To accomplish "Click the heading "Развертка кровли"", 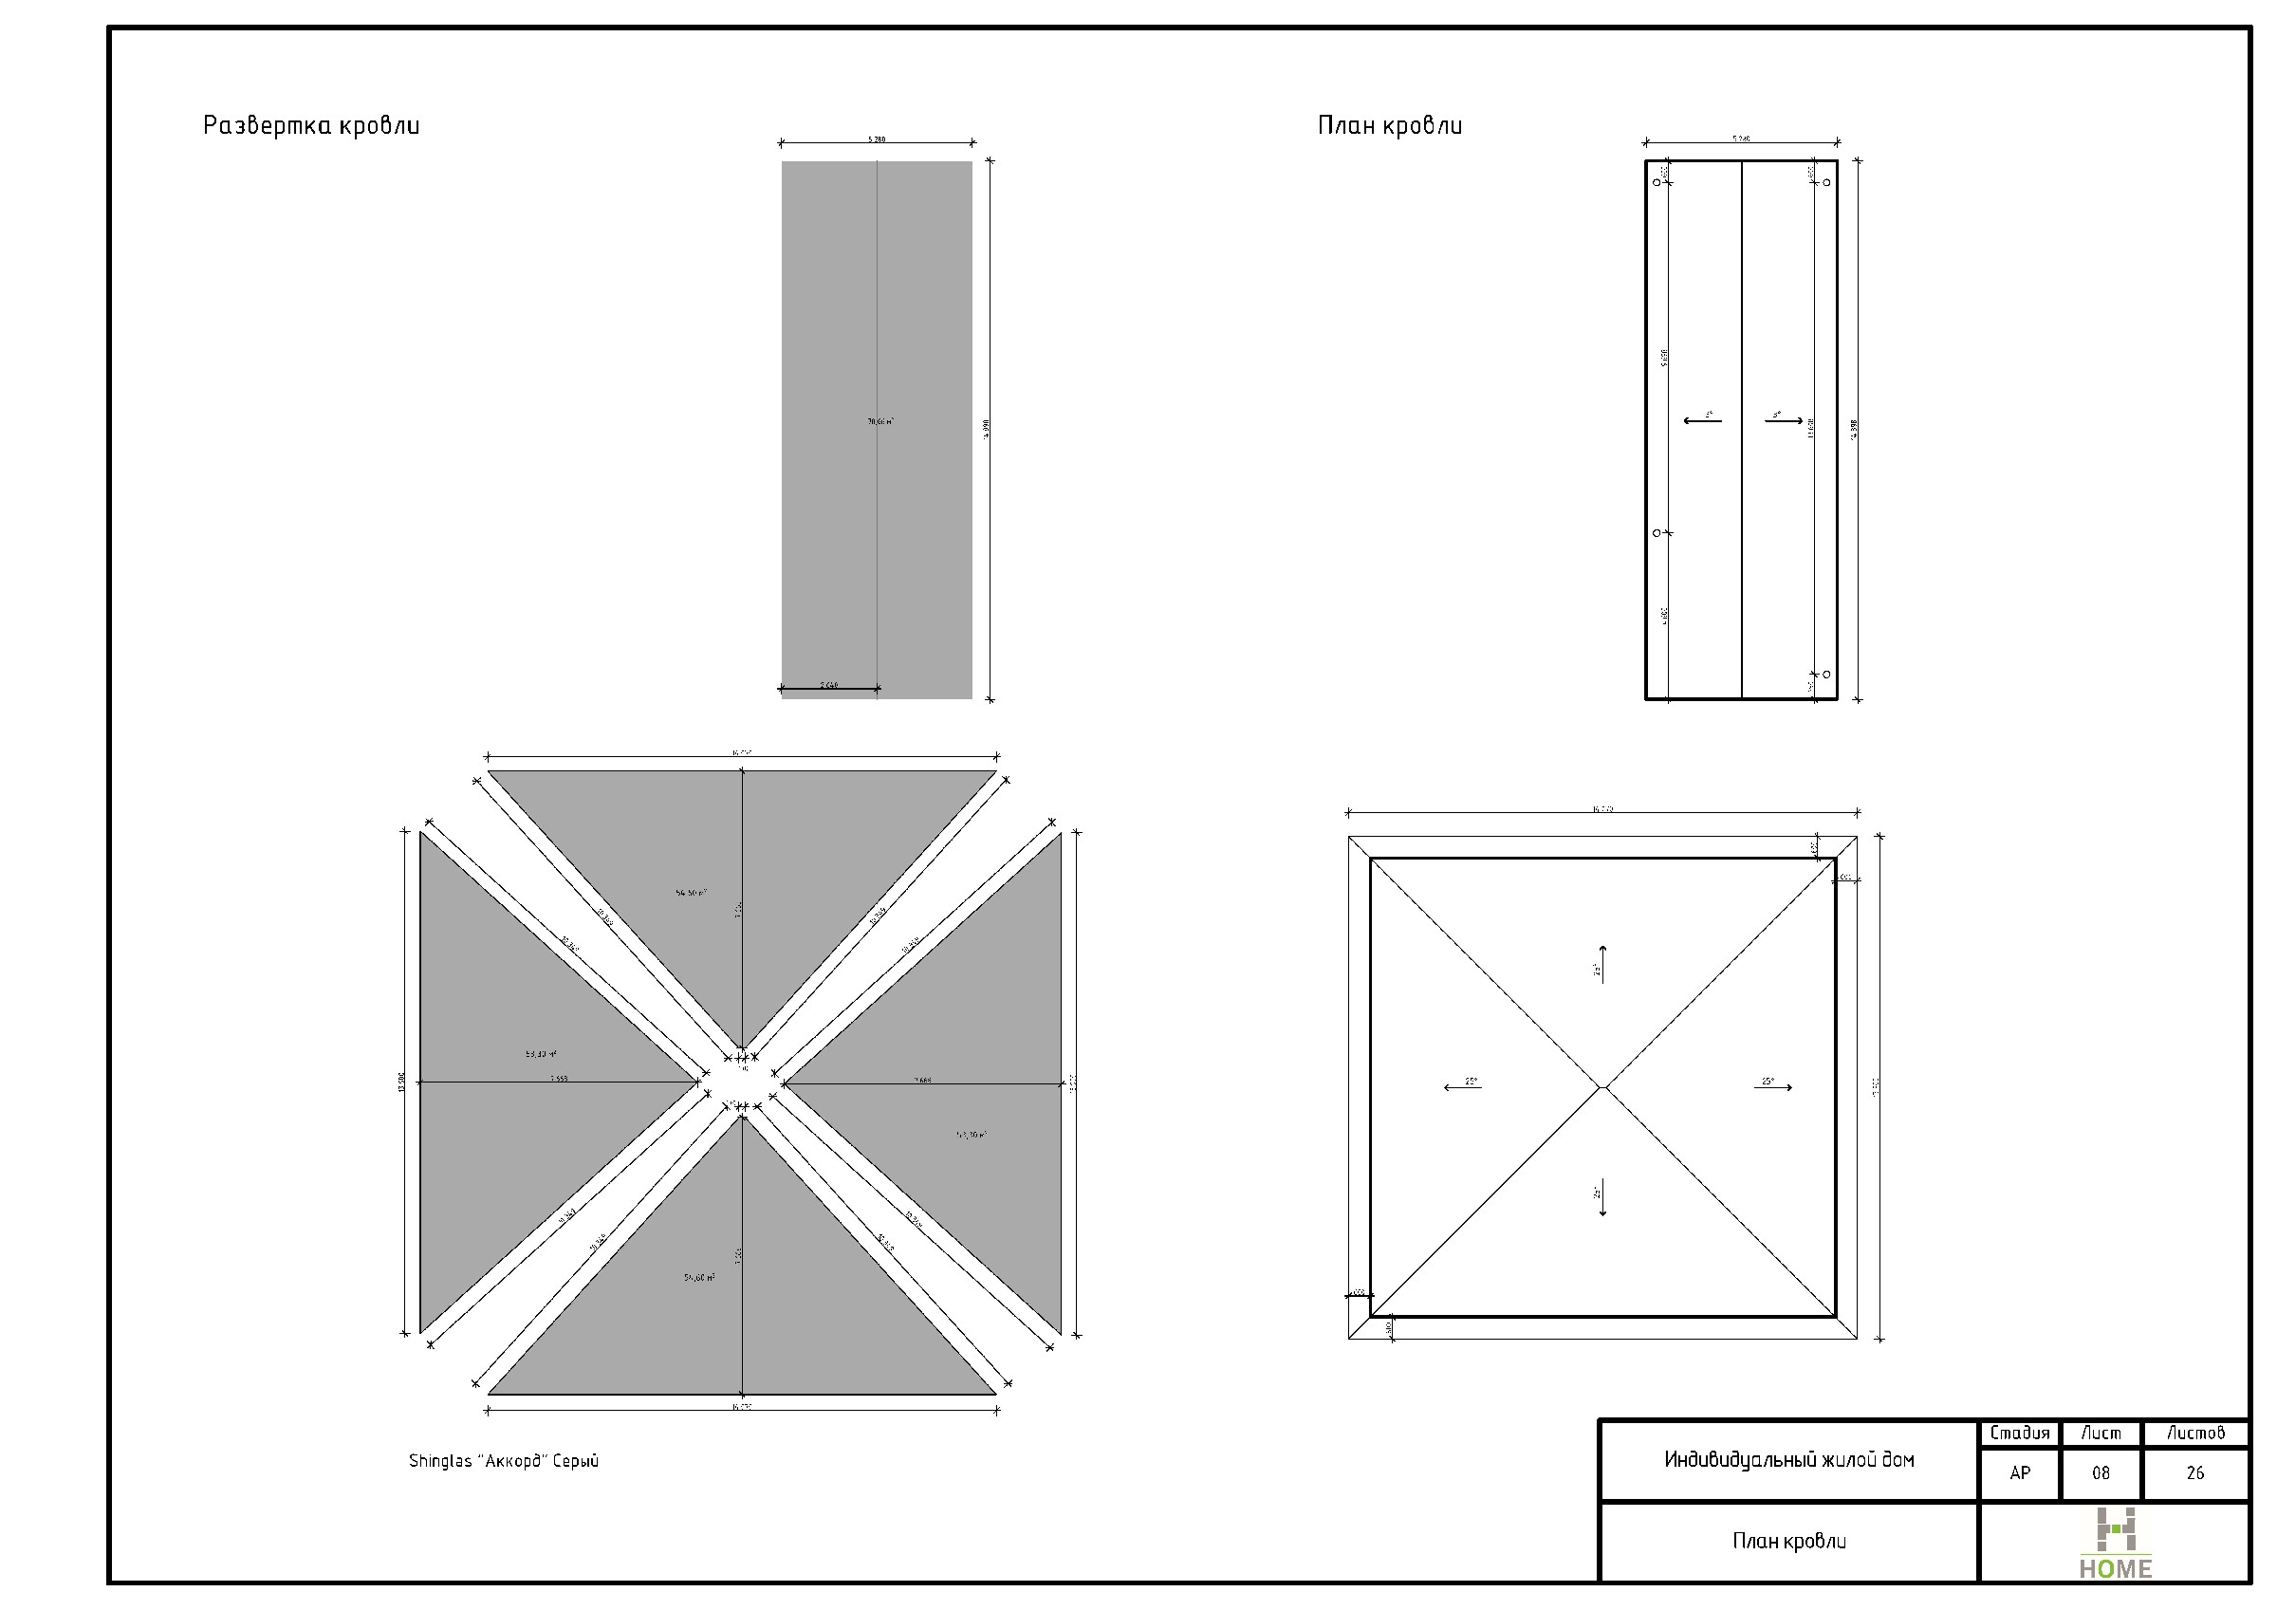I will click(310, 126).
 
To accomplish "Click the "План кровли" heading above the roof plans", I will click(1389, 126).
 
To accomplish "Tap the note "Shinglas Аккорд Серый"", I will click(504, 1460).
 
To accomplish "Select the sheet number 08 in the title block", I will click(2101, 1473).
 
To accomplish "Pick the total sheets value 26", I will click(2194, 1473).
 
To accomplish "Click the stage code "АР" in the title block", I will click(2019, 1473).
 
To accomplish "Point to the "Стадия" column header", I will click(2019, 1433).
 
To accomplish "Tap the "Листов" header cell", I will click(2194, 1433).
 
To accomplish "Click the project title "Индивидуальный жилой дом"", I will click(1788, 1459).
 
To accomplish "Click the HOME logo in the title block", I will click(2115, 1544).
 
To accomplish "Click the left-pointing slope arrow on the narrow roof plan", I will click(1702, 420).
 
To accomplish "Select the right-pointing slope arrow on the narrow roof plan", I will click(1783, 420).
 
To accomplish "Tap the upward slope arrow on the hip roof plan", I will click(1602, 963).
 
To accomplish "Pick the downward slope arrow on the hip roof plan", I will click(1602, 1197).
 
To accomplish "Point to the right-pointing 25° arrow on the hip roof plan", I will click(1773, 1088).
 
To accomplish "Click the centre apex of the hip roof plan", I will click(1602, 1087).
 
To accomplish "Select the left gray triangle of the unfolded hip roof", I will click(516, 1082).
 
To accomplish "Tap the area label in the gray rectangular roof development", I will click(879, 421).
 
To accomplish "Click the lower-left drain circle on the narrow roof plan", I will click(1657, 532).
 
